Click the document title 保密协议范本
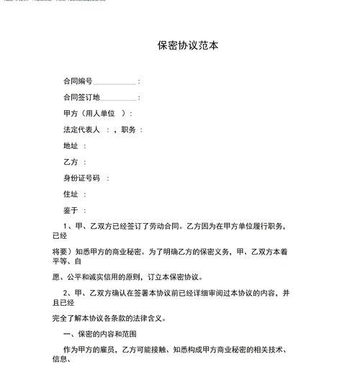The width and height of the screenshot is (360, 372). [x=188, y=45]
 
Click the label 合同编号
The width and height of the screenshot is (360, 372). [x=78, y=81]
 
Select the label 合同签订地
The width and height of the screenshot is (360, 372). [x=81, y=97]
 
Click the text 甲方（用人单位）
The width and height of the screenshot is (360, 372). [x=95, y=114]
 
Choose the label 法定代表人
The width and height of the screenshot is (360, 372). [x=81, y=130]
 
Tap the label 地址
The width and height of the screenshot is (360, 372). [x=71, y=146]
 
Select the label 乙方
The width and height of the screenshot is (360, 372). [x=71, y=163]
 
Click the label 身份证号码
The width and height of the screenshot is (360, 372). [x=81, y=178]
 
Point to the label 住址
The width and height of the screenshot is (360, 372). [x=71, y=194]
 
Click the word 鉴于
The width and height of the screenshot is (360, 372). [x=71, y=211]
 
